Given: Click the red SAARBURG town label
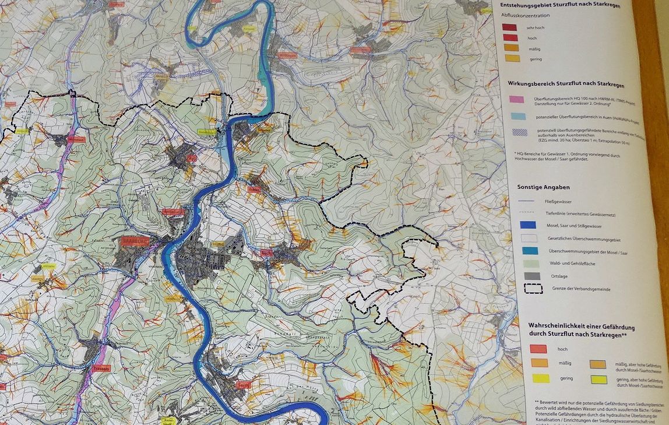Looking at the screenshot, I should point(135,240).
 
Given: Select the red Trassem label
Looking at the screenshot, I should point(101,368).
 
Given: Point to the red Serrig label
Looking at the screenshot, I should point(244,385).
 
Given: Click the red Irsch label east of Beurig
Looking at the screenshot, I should point(267,253).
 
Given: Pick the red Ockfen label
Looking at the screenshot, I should point(254,189).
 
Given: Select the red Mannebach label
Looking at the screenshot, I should point(76,139).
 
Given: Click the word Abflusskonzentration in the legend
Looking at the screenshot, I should point(524,16).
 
